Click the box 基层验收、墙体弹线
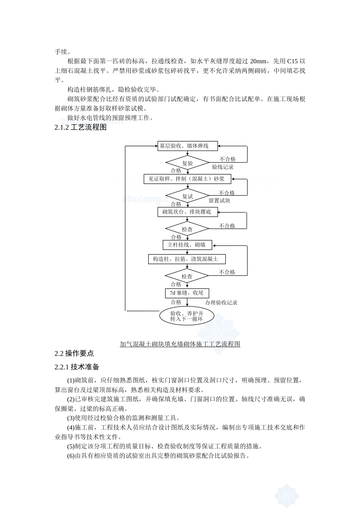coord(188,146)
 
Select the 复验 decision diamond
coord(188,163)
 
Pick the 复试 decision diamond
coord(188,196)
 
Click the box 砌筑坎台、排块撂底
coord(188,212)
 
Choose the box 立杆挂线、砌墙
coord(187,245)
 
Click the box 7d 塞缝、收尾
coord(187,293)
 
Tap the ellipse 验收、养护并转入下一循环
coord(187,316)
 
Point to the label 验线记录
coord(223,167)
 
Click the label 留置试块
coord(220,200)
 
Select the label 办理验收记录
coord(221,303)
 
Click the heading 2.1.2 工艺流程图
coord(80,127)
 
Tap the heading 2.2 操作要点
coord(74,353)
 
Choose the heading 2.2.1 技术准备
coord(77,367)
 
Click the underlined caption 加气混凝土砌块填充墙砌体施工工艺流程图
coord(180,344)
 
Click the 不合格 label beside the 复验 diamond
coord(228,159)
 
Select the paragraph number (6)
coord(71,456)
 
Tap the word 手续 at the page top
coord(61,52)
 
